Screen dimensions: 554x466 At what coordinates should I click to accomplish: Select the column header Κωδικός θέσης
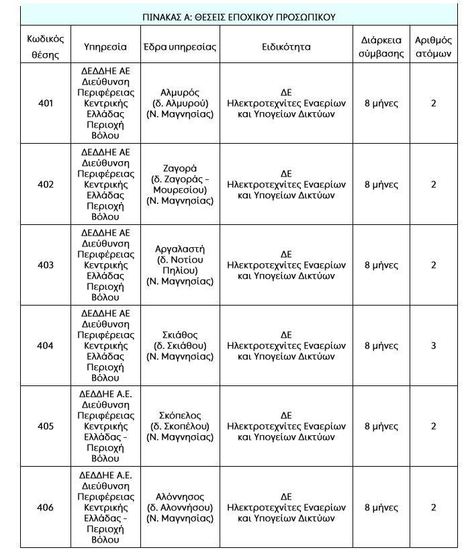click(45, 47)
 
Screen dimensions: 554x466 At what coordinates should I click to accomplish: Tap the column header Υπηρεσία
click(105, 48)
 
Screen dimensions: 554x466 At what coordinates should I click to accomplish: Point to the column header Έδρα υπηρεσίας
click(179, 48)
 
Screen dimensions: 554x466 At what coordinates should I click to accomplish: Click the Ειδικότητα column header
click(286, 48)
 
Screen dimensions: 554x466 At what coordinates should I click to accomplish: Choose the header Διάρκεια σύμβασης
click(381, 47)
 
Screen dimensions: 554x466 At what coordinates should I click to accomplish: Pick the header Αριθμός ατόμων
click(433, 47)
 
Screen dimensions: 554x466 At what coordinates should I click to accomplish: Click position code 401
click(45, 103)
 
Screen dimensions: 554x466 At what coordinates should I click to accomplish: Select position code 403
click(45, 265)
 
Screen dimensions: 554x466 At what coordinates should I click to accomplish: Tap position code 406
click(45, 508)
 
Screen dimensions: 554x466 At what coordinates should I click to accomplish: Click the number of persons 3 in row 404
click(433, 346)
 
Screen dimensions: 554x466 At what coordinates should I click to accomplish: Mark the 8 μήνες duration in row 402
click(381, 184)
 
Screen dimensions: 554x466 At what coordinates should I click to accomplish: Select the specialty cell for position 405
click(286, 426)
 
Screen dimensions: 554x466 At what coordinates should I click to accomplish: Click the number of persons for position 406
click(433, 508)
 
